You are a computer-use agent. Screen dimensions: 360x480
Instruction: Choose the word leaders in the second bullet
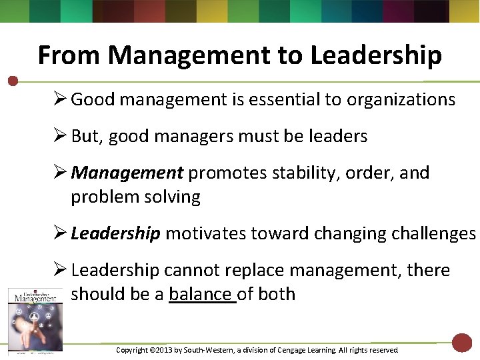(338, 136)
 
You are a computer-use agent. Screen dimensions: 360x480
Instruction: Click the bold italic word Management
(127, 173)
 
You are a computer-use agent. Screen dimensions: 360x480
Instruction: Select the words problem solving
(135, 197)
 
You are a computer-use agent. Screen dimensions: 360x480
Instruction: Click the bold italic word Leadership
(115, 233)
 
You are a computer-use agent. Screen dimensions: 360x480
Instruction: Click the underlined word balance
(201, 294)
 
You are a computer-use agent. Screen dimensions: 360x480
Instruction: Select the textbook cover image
(35, 319)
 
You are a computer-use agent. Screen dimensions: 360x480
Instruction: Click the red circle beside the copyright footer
(461, 343)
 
